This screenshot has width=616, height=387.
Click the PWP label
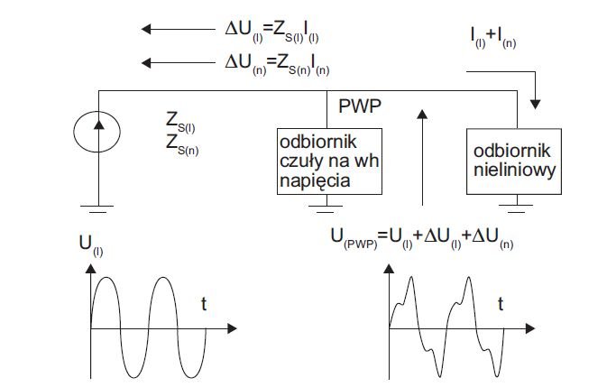360,106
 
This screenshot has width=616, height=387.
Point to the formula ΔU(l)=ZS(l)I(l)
271,31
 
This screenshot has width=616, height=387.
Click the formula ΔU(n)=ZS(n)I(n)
278,64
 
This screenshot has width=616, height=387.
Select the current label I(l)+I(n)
493,37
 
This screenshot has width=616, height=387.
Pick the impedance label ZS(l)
180,123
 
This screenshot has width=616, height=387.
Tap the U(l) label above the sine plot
91,245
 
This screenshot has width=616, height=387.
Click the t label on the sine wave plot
204,304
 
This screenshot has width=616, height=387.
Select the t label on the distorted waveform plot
501,304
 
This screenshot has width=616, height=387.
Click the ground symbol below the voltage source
97,209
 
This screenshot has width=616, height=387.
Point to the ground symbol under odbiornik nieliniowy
516,208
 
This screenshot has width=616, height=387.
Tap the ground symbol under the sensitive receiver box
326,208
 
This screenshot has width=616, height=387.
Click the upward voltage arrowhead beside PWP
422,115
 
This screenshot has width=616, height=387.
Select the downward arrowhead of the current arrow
535,104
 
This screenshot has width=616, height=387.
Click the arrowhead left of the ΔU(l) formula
146,29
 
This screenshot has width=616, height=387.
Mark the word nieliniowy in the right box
515,170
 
